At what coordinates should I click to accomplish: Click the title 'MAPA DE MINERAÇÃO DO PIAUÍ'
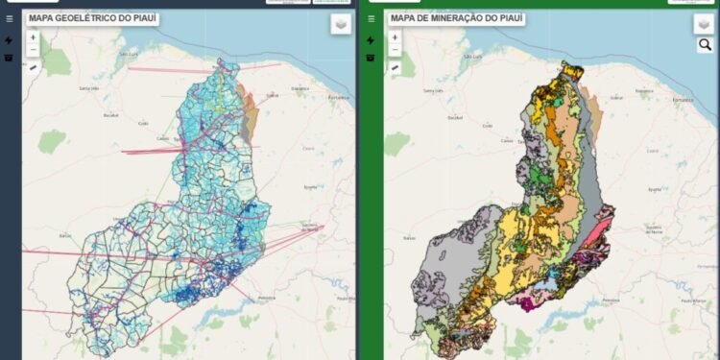tap(456, 18)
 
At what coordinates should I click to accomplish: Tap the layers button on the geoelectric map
tap(342, 25)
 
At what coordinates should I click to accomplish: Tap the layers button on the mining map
tap(704, 25)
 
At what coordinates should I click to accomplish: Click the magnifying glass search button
tap(705, 45)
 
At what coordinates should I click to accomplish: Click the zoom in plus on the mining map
tap(395, 37)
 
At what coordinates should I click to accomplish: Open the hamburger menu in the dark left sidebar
tap(9, 18)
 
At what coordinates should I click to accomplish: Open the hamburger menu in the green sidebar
tap(371, 18)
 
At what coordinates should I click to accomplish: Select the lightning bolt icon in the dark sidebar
tap(9, 40)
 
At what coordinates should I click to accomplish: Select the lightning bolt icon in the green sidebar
tap(371, 40)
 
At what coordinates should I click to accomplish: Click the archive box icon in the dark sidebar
tap(9, 57)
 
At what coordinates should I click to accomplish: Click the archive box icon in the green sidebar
tap(371, 57)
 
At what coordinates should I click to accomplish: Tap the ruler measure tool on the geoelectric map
tap(33, 68)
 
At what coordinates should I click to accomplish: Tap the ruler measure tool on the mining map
tap(395, 68)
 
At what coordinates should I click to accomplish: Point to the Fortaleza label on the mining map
tap(700, 96)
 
